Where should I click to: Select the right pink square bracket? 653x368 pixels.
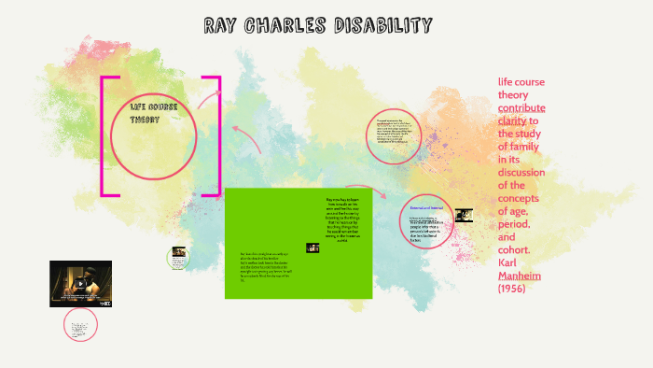(215, 136)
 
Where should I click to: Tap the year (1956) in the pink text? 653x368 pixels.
(516, 290)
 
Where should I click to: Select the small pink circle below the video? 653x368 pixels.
(80, 325)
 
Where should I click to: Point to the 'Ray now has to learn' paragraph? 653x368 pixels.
(341, 219)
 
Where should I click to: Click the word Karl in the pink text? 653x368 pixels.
(511, 263)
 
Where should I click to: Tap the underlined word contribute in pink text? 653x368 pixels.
(521, 107)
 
